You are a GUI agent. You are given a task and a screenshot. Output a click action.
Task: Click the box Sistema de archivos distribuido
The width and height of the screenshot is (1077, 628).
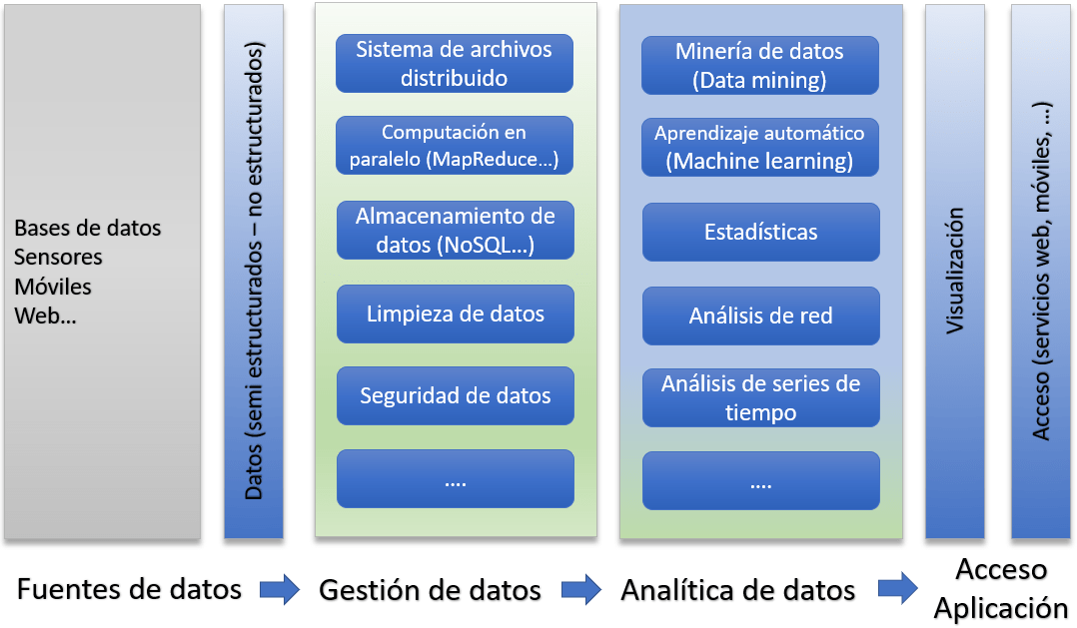coord(454,63)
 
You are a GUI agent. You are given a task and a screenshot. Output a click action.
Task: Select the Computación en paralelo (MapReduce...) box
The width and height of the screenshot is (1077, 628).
coord(454,145)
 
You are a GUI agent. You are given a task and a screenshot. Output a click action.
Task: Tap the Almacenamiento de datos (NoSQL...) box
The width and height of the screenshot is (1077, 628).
coord(455,230)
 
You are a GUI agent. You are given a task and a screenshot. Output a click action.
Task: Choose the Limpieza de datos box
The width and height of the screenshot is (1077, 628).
coord(455,314)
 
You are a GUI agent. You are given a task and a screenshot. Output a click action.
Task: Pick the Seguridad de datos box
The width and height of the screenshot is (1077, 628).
coord(455,395)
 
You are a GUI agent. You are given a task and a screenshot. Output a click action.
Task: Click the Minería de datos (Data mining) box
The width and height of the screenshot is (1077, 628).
coord(759,65)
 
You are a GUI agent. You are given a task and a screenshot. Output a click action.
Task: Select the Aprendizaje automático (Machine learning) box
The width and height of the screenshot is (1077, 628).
coord(759,147)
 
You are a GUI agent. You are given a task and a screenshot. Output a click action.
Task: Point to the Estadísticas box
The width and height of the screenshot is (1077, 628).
coord(760,232)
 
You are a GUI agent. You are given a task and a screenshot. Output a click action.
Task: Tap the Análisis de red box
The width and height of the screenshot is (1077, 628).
coord(760,315)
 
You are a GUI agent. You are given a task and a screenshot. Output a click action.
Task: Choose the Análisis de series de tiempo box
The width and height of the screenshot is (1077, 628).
coord(760,398)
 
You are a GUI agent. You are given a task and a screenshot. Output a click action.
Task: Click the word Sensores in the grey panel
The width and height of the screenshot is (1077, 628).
coord(58,257)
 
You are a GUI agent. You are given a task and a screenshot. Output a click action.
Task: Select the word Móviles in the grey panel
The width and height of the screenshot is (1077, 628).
coord(53,287)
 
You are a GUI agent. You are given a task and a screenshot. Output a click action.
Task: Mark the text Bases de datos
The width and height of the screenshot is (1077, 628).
coord(88,228)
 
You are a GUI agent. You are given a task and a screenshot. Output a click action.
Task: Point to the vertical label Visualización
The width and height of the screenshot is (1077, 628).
coord(955,272)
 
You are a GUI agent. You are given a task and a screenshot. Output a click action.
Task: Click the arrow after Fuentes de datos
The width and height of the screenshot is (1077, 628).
coord(280,590)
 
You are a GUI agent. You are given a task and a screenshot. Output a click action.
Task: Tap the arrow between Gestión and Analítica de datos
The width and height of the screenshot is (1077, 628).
coord(581,590)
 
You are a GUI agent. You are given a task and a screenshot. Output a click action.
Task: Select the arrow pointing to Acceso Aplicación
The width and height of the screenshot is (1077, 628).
coord(898,588)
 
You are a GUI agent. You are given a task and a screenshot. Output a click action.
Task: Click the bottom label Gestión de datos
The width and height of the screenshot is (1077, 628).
coord(430,590)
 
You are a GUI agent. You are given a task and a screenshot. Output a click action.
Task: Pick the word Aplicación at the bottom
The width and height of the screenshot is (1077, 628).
coord(1001,608)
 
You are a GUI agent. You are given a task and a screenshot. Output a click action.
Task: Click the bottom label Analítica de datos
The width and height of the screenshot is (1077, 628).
coord(738,590)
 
